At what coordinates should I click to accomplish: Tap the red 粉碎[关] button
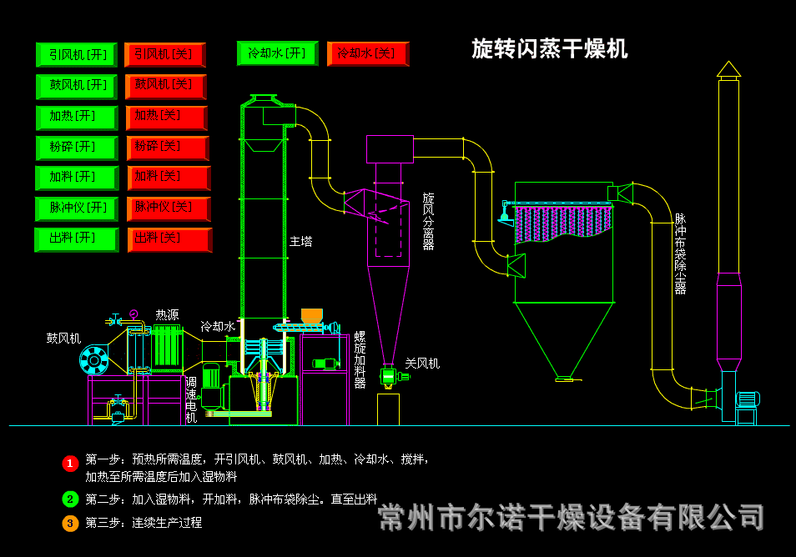[x=168, y=148]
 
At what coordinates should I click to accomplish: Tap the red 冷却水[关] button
[x=368, y=54]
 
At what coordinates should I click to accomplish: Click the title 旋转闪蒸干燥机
[x=549, y=49]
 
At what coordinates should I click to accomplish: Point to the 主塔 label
[x=301, y=241]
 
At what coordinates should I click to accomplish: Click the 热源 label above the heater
[x=167, y=315]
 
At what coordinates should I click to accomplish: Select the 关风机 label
[x=422, y=364]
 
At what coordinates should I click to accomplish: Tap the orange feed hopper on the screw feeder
[x=312, y=315]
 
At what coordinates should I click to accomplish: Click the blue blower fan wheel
[x=93, y=360]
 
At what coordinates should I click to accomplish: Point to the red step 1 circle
[x=70, y=463]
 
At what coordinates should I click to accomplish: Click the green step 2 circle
[x=70, y=499]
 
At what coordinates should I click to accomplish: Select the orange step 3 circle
[x=70, y=524]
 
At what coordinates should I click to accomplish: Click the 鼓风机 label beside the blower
[x=63, y=339]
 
